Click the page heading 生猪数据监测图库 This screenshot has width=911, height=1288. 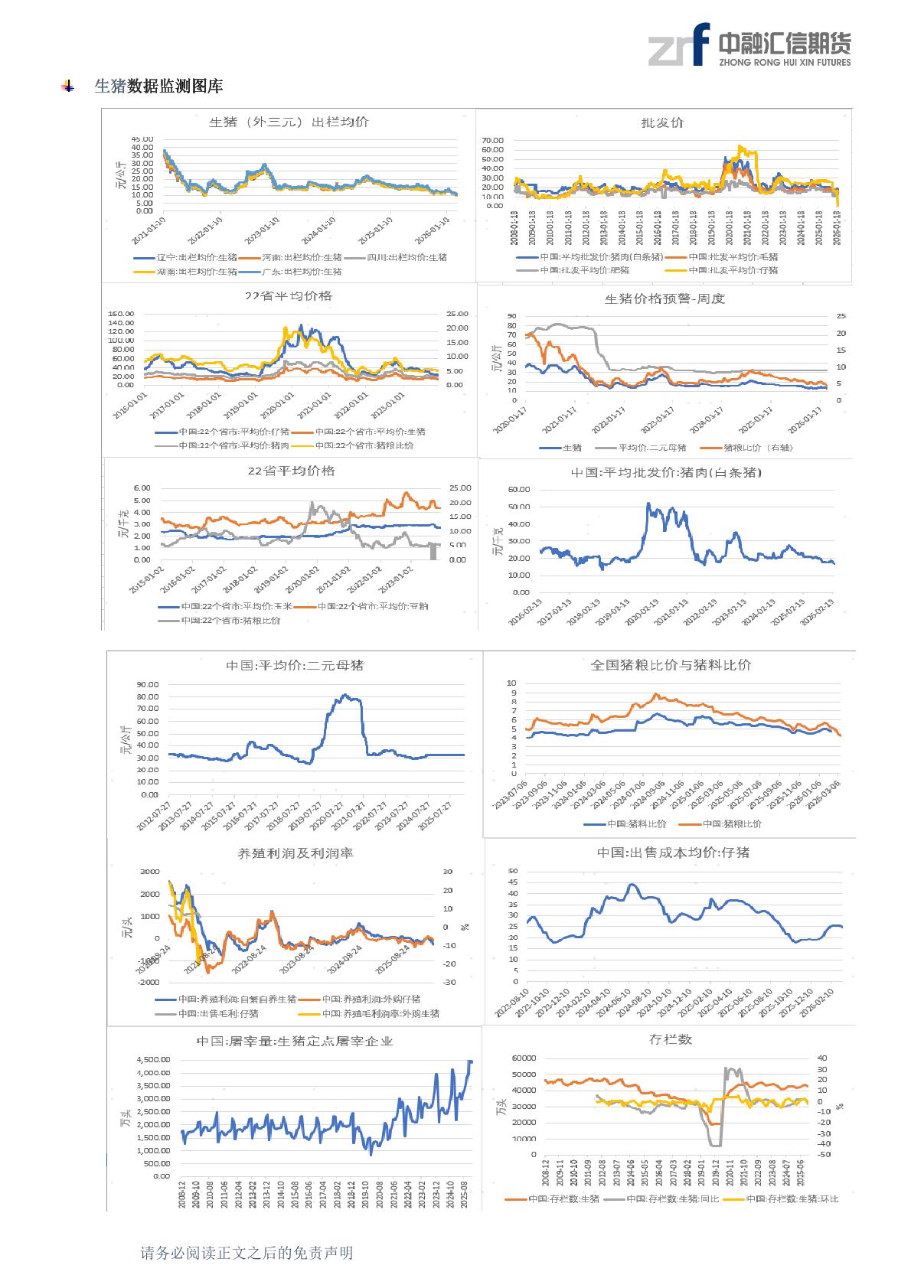(x=158, y=86)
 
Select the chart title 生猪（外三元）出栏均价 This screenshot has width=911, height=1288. (x=289, y=122)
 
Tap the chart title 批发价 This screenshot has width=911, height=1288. (x=661, y=122)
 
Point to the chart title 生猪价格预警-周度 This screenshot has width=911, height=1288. (x=664, y=298)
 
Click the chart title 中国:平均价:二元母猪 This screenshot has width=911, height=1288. (x=295, y=665)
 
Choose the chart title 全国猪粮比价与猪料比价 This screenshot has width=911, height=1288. (x=671, y=665)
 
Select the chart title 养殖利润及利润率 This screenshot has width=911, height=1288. (x=296, y=853)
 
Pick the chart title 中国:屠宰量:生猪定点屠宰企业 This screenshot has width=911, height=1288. (x=295, y=1041)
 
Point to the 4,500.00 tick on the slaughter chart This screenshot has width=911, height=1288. (x=153, y=1060)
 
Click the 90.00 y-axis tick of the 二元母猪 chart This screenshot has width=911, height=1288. (x=148, y=684)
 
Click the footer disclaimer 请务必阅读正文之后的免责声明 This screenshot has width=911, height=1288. (x=247, y=1253)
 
